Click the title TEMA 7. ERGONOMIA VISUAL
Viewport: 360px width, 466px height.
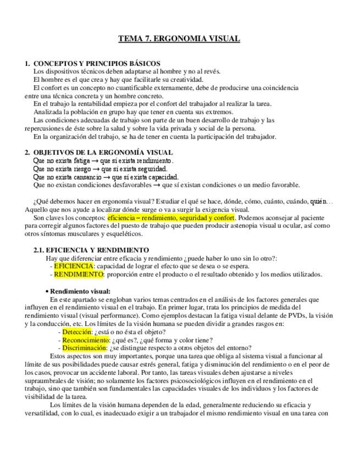179,39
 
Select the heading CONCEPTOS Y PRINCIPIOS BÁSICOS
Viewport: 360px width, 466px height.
97,64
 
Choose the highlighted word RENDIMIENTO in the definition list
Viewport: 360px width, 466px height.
78,274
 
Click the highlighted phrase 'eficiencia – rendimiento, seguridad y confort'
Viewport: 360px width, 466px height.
171,217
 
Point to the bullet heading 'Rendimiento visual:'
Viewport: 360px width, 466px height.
80,291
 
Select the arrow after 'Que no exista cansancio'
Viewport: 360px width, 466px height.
106,177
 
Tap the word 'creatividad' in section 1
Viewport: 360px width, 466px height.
171,80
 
